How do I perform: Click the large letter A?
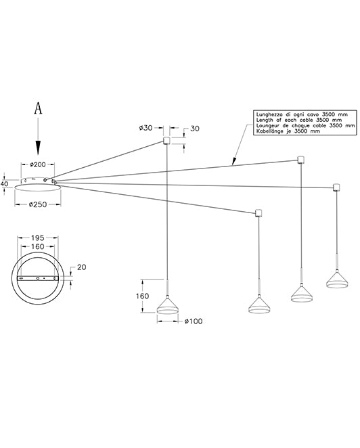tap(38, 108)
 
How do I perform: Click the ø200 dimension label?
tap(38, 164)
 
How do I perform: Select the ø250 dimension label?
tap(38, 204)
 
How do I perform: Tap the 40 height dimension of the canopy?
tap(4, 183)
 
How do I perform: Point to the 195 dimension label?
tap(38, 238)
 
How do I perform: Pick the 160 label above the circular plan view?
tap(38, 246)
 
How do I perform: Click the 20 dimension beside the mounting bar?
tap(81, 267)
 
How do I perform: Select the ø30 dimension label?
tap(145, 128)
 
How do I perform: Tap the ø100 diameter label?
tap(194, 321)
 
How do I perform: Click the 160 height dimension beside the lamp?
tap(142, 296)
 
